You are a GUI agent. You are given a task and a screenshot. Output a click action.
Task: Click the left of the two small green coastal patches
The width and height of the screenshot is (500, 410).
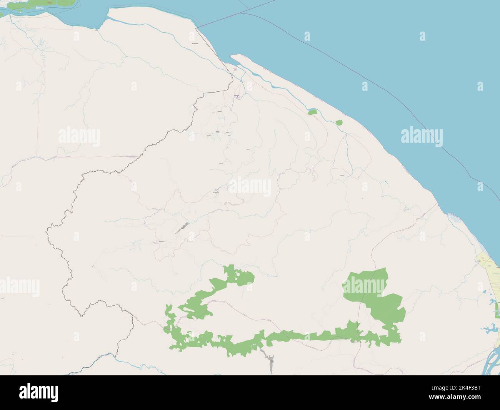pyautogui.click(x=312, y=112)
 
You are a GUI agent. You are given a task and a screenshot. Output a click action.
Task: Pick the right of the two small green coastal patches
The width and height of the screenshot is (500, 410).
pyautogui.click(x=339, y=122)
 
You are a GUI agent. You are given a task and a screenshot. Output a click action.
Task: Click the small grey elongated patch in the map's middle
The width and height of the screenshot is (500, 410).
pyautogui.click(x=183, y=228)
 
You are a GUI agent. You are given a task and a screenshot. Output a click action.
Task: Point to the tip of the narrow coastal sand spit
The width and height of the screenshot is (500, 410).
pyautogui.click(x=232, y=57)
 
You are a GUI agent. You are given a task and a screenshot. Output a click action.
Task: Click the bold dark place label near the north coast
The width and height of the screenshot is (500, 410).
pyautogui.click(x=195, y=44)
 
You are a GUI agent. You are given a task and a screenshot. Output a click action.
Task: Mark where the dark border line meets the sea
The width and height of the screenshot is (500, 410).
pyautogui.click(x=197, y=28)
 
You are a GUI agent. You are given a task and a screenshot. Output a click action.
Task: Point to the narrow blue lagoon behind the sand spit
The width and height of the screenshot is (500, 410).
pyautogui.click(x=265, y=81)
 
